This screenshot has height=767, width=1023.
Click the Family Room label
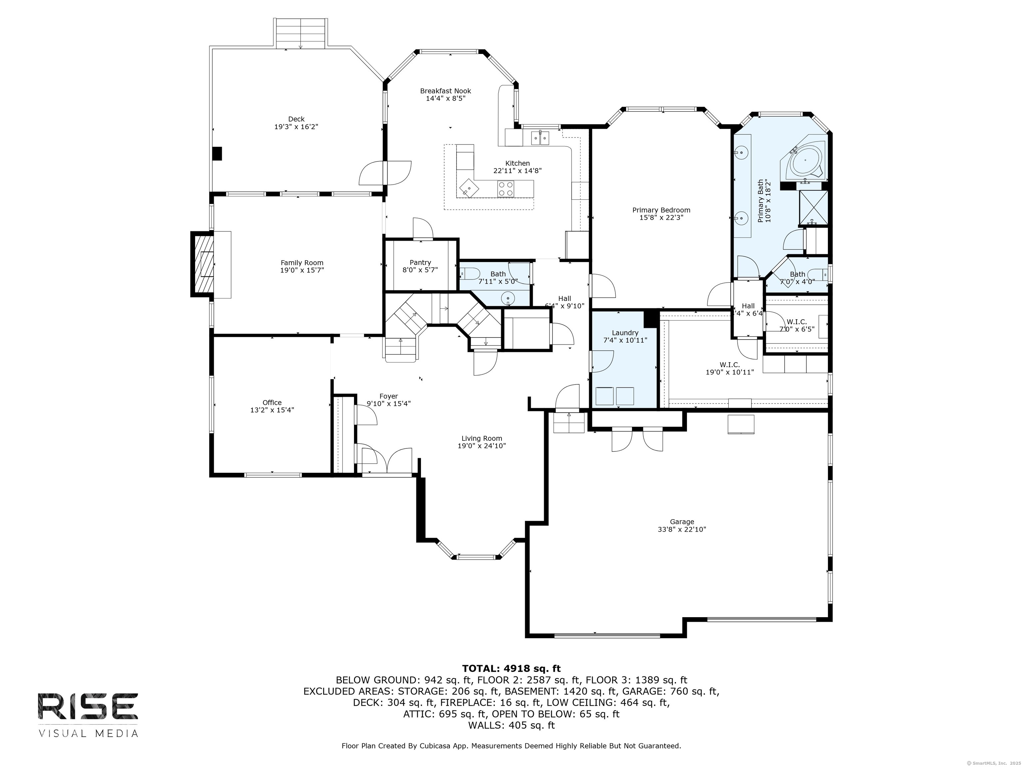[302, 263]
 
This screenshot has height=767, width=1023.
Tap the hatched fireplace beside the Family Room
[202, 264]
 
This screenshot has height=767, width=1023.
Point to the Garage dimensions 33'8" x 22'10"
[682, 529]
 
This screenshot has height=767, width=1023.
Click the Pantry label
[420, 263]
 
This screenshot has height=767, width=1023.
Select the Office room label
[272, 402]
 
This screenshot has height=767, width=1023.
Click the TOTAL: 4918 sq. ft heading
[511, 668]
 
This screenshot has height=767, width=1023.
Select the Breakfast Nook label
[445, 91]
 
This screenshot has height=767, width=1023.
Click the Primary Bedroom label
[661, 210]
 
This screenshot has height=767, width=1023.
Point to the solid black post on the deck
[217, 153]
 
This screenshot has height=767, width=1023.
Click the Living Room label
[482, 438]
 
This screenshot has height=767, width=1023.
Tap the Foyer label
[389, 396]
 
